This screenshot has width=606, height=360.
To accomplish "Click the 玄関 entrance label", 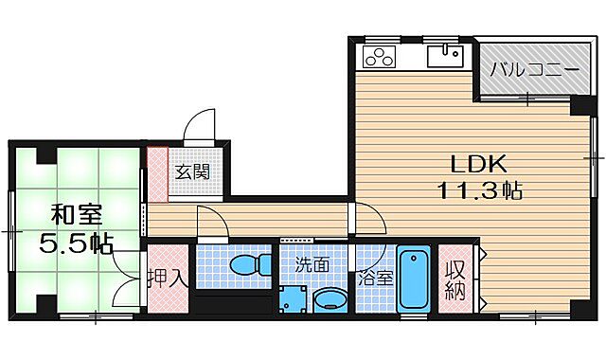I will coord(192,172).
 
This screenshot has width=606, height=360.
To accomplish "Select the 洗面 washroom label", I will coord(312,265).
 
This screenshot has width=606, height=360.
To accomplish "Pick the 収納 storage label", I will coord(456,279).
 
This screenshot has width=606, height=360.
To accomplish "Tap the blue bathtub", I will coord(413,279).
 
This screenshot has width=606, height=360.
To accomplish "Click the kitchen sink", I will coord(444,58).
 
